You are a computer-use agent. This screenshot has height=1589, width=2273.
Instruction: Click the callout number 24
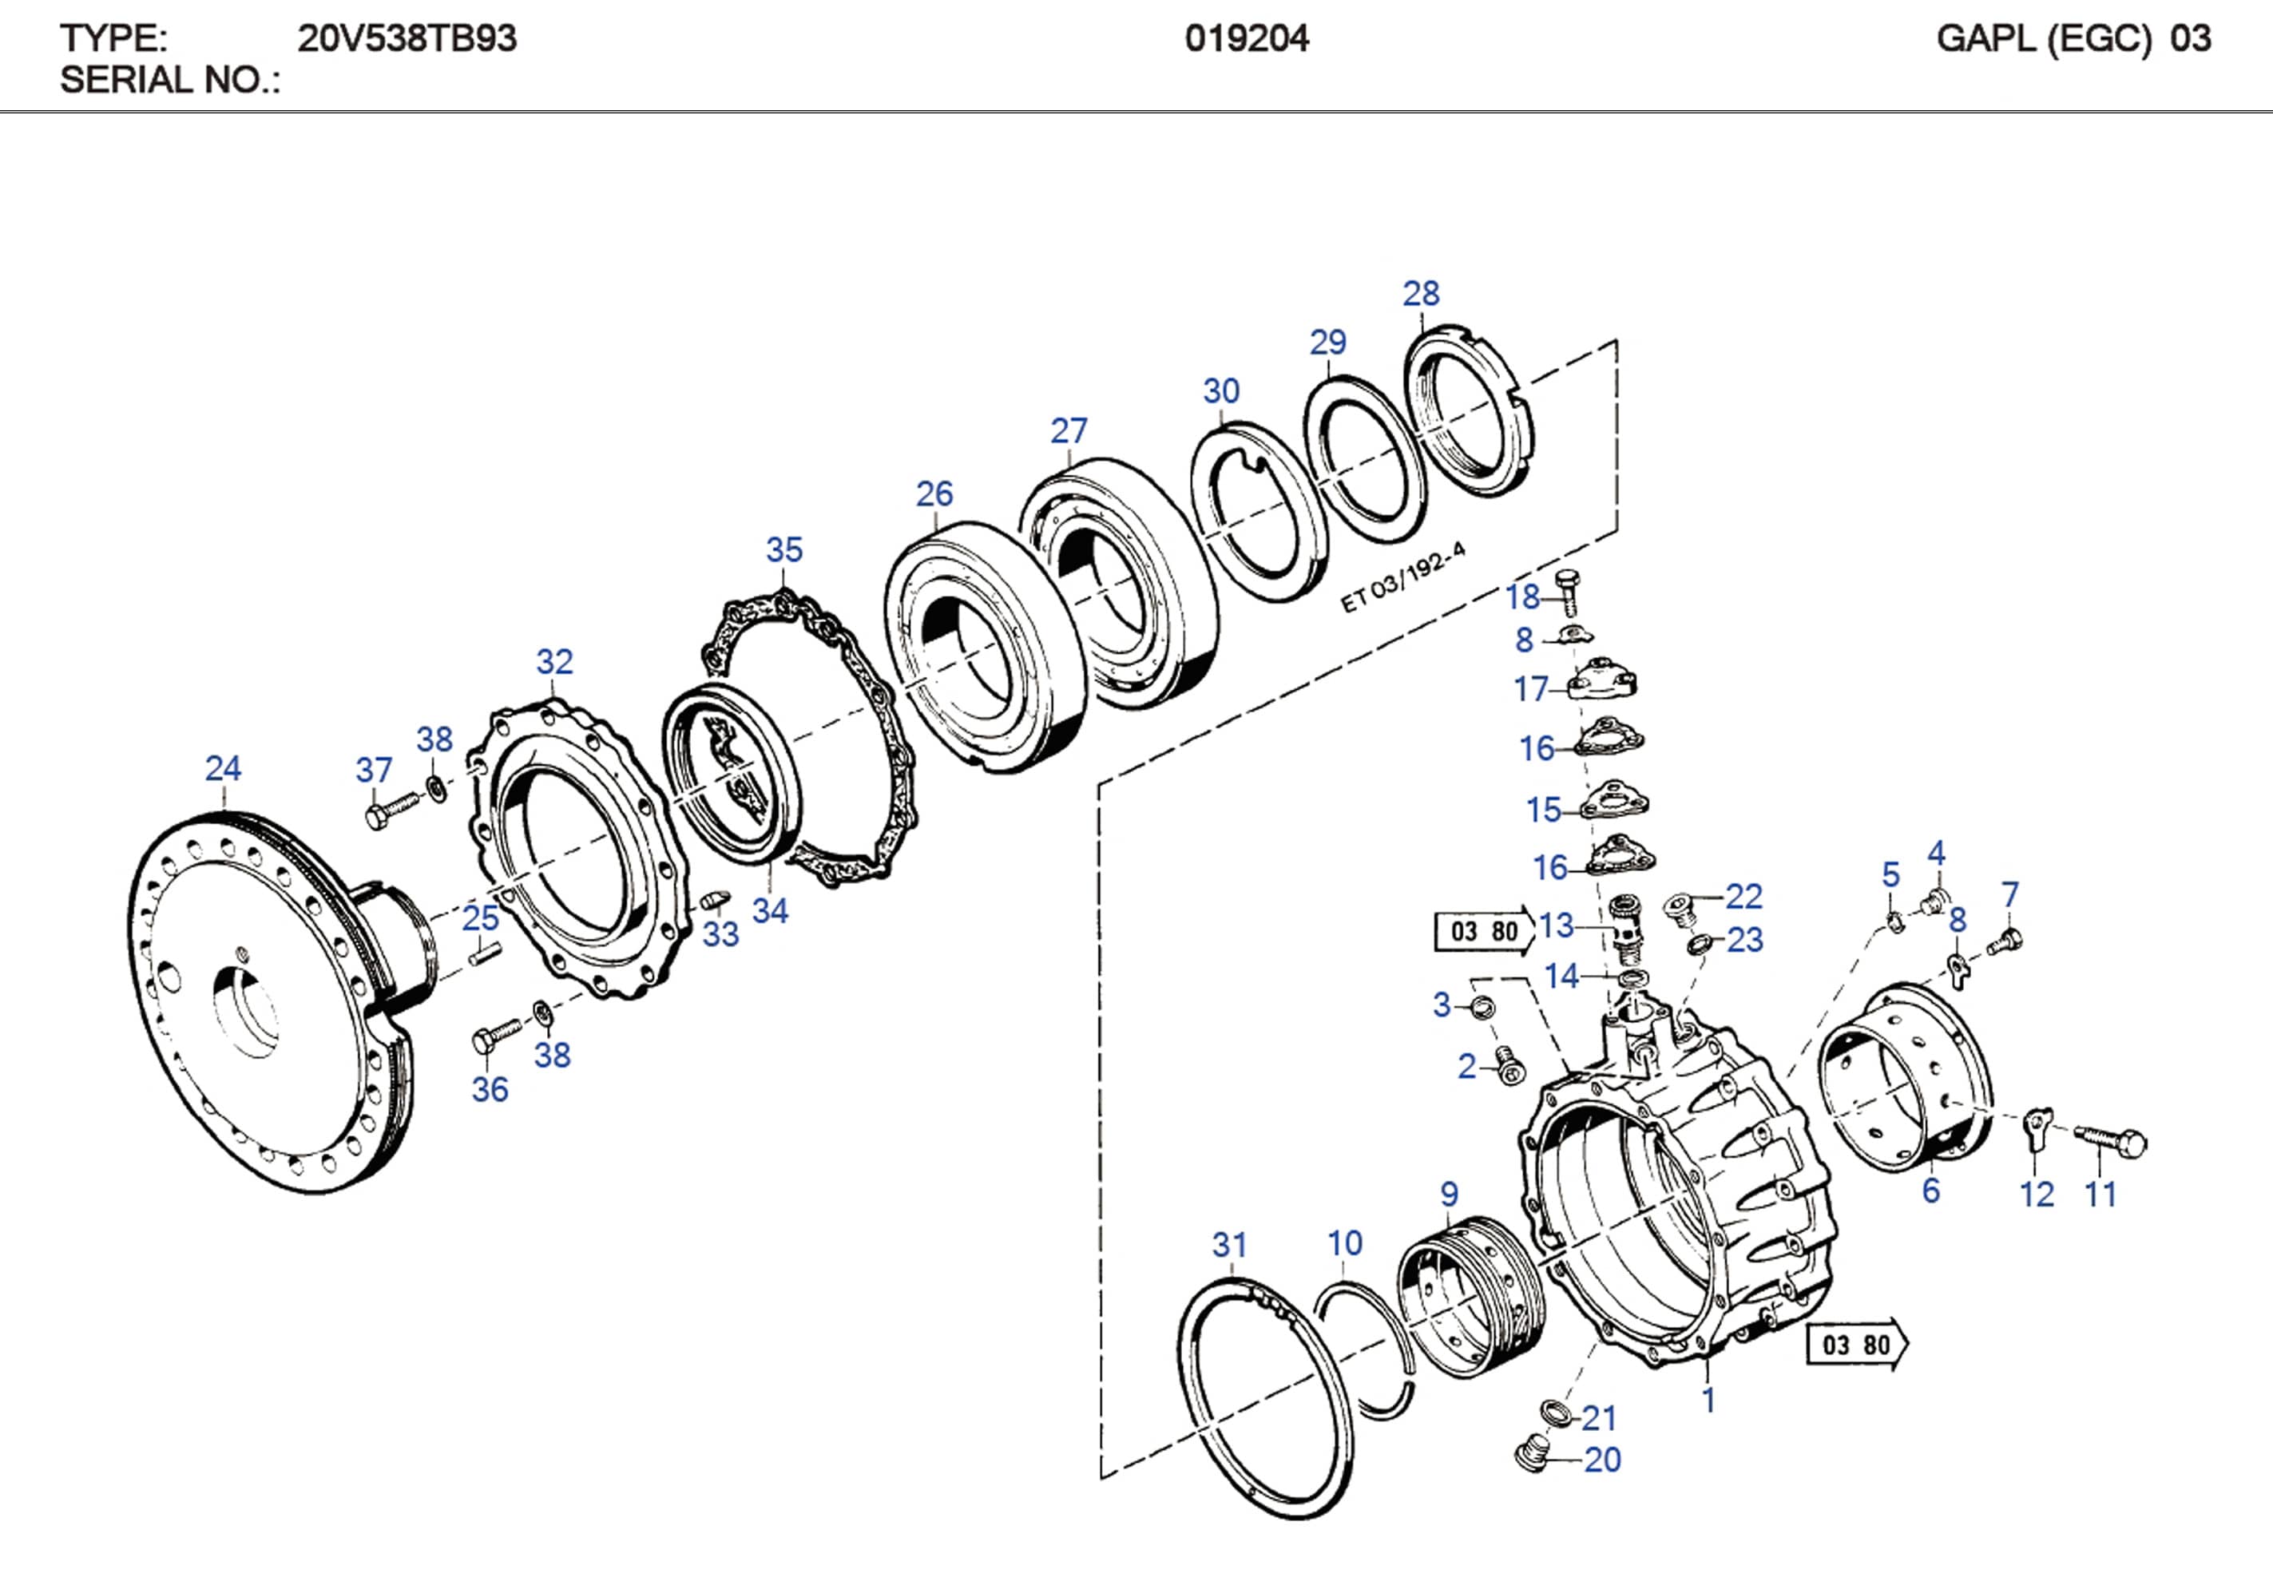223,768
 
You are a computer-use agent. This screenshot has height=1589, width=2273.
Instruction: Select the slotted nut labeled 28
1468,412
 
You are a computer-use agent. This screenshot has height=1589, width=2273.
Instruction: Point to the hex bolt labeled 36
494,1036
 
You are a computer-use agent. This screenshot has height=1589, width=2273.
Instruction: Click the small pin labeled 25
485,953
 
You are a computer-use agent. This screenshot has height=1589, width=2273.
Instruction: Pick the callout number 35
784,549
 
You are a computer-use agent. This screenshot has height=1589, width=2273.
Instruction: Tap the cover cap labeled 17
1604,681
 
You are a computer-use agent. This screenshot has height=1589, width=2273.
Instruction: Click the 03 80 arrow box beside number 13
1483,930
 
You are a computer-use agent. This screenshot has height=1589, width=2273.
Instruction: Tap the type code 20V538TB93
407,38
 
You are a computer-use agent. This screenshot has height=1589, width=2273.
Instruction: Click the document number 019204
1247,38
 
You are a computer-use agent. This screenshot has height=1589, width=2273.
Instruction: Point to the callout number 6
1930,1191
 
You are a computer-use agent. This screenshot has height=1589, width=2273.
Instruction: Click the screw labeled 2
1509,1066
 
